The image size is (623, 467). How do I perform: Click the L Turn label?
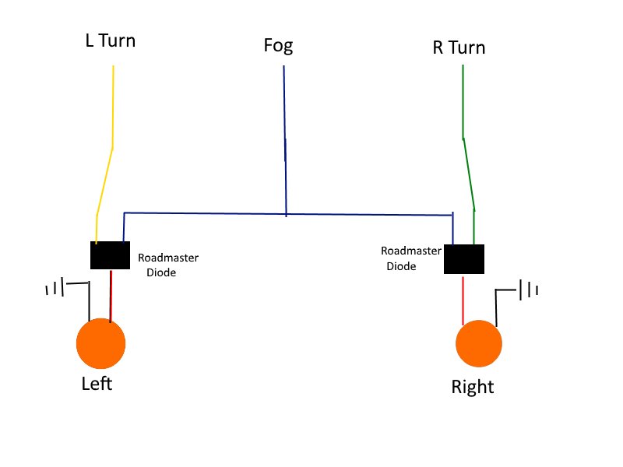(110, 40)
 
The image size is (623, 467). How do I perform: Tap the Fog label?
(278, 46)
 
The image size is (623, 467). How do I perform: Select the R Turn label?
(459, 47)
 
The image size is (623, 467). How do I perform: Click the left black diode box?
(110, 255)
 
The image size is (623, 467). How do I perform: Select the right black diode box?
(464, 259)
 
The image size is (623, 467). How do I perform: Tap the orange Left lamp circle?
(100, 344)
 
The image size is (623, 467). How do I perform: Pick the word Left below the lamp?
(97, 384)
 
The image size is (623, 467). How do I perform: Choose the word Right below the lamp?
(473, 387)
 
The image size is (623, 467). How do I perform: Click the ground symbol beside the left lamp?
(55, 290)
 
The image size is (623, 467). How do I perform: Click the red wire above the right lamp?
(463, 299)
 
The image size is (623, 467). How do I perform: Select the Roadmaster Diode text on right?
(410, 258)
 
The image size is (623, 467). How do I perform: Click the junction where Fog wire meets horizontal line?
(286, 213)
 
